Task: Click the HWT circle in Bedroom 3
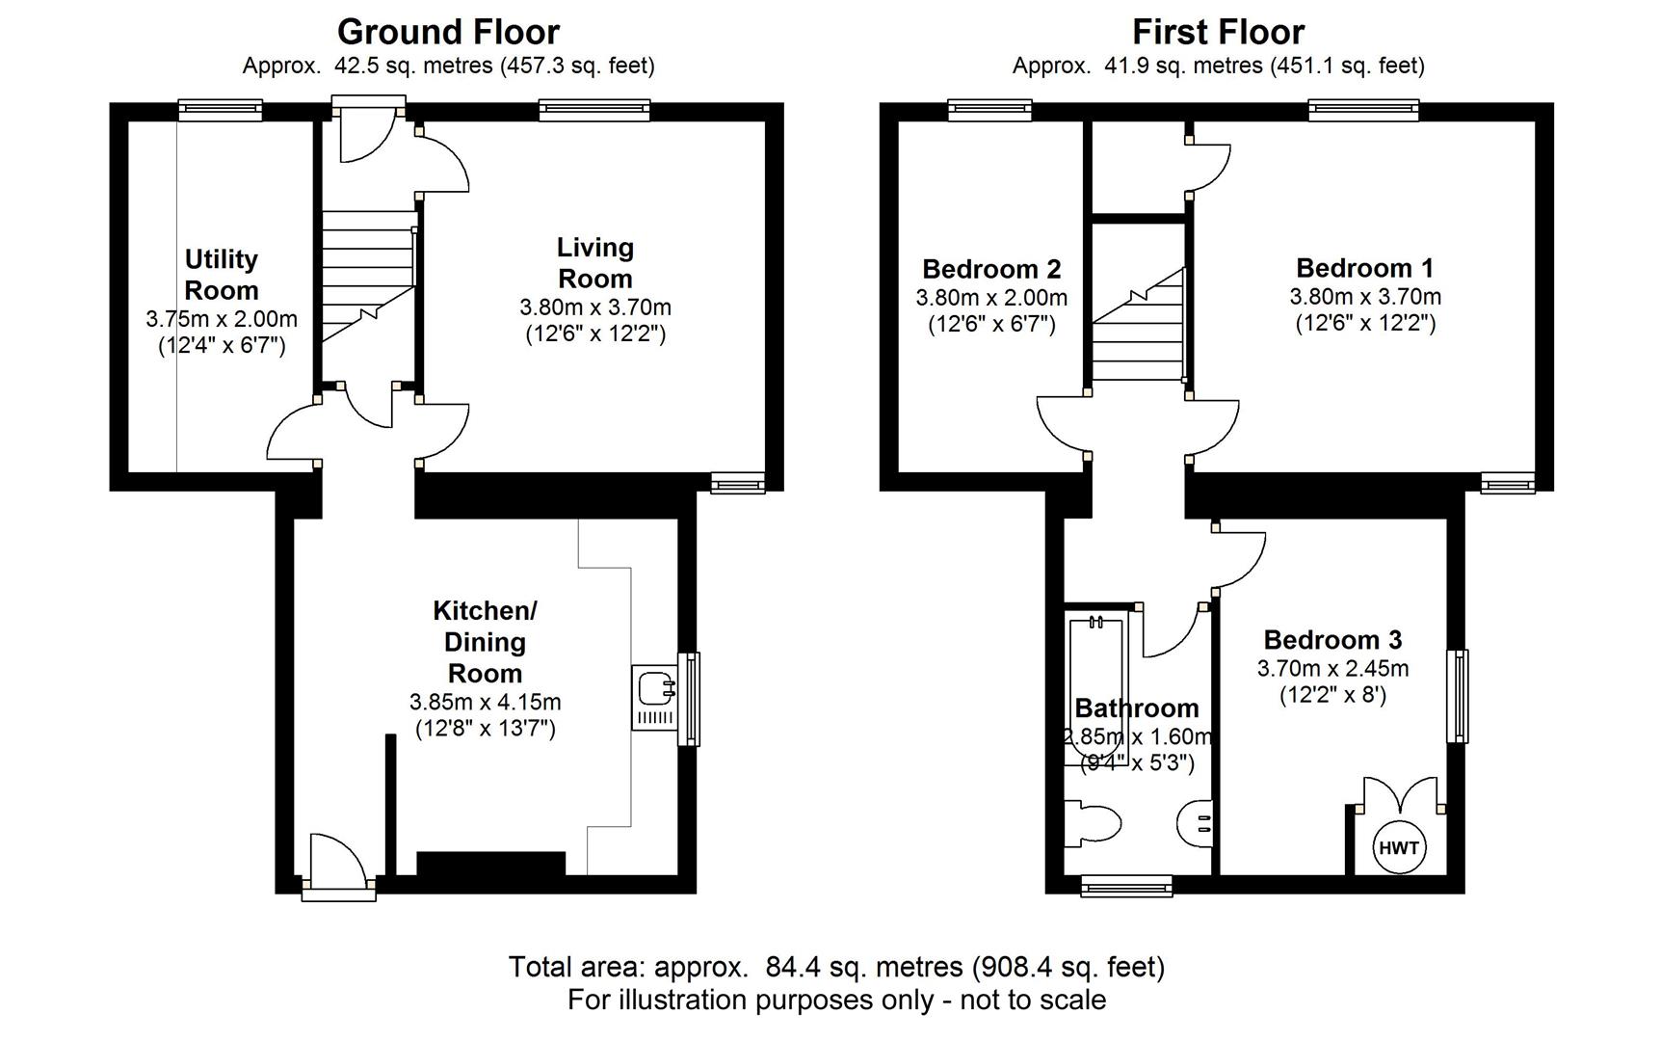pyautogui.click(x=1399, y=847)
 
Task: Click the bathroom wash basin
pyautogui.click(x=1195, y=823)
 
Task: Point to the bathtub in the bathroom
pyautogui.click(x=1095, y=690)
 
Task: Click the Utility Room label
pyautogui.click(x=222, y=275)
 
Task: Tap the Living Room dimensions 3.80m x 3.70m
pyautogui.click(x=595, y=307)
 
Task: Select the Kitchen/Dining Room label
pyautogui.click(x=485, y=642)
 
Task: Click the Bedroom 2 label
pyautogui.click(x=991, y=269)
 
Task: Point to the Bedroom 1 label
pyautogui.click(x=1365, y=268)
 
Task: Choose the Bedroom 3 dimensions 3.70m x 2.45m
pyautogui.click(x=1333, y=668)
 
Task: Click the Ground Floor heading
pyautogui.click(x=448, y=32)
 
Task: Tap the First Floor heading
pyautogui.click(x=1218, y=32)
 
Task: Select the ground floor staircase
pyautogui.click(x=368, y=277)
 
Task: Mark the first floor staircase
pyautogui.click(x=1138, y=325)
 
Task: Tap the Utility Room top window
pyautogui.click(x=221, y=111)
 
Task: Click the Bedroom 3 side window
pyautogui.click(x=1458, y=696)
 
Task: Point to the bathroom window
pyautogui.click(x=1126, y=885)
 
